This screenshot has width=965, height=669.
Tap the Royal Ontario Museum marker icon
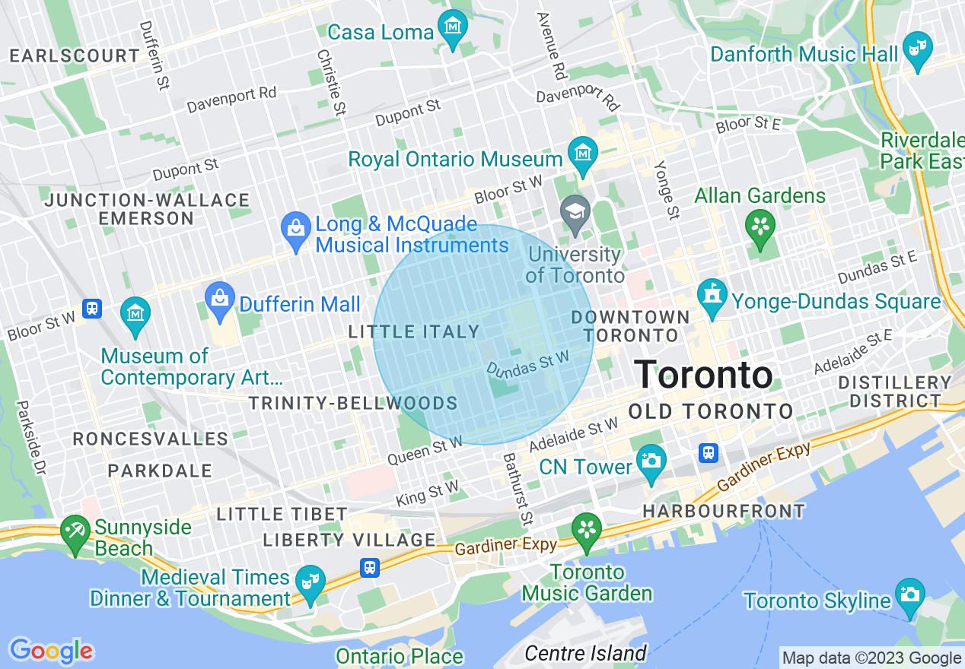[x=583, y=153]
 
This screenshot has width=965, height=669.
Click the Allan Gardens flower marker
[x=760, y=227]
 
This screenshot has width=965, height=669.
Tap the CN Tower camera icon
[x=651, y=461]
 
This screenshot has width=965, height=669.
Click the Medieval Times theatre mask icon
[x=311, y=582]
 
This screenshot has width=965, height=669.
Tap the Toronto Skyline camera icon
[x=910, y=594]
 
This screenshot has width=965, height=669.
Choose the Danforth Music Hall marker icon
[x=918, y=48]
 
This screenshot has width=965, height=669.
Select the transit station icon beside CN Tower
[x=709, y=453]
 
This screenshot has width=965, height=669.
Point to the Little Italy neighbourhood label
[x=414, y=332]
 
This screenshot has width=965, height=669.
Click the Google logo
[x=51, y=651]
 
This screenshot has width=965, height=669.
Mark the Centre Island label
[x=586, y=653]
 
